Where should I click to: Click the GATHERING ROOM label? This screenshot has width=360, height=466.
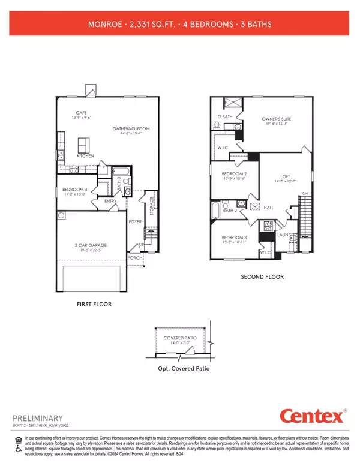(131, 128)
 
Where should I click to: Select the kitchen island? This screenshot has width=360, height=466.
(83, 145)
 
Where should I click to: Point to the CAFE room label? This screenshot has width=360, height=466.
(82, 112)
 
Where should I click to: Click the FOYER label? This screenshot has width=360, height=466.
(135, 221)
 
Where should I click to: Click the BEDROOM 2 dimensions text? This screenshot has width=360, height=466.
(230, 178)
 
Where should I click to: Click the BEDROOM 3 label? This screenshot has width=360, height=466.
(230, 237)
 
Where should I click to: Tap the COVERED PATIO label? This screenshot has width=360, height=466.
(179, 338)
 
